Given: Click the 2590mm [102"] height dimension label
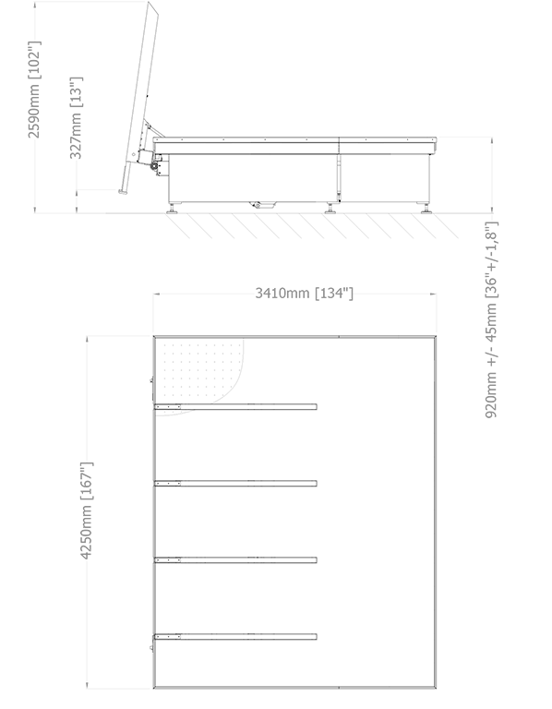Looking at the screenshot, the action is click(x=34, y=89).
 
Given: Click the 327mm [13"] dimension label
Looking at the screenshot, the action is click(x=76, y=117).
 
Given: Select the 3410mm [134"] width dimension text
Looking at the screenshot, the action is click(x=304, y=293).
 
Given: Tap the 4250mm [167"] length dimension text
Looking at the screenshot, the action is click(x=87, y=511).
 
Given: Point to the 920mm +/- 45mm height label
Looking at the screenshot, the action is click(x=491, y=319).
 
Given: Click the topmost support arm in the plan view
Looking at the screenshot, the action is click(x=235, y=407).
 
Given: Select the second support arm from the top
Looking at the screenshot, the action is click(x=235, y=484).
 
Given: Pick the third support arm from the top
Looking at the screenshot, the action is click(x=235, y=560).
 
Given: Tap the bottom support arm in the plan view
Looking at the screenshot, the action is click(x=235, y=637).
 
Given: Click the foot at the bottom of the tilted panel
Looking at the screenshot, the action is click(x=123, y=192).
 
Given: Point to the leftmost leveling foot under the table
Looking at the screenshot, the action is click(x=173, y=209).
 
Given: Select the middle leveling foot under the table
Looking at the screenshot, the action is click(x=330, y=209).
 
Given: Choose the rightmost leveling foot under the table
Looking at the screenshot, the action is click(x=426, y=209).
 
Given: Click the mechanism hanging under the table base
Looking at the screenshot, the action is click(x=262, y=204).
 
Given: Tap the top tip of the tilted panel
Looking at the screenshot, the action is click(x=150, y=2).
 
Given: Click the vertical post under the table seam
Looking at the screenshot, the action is click(x=338, y=178).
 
